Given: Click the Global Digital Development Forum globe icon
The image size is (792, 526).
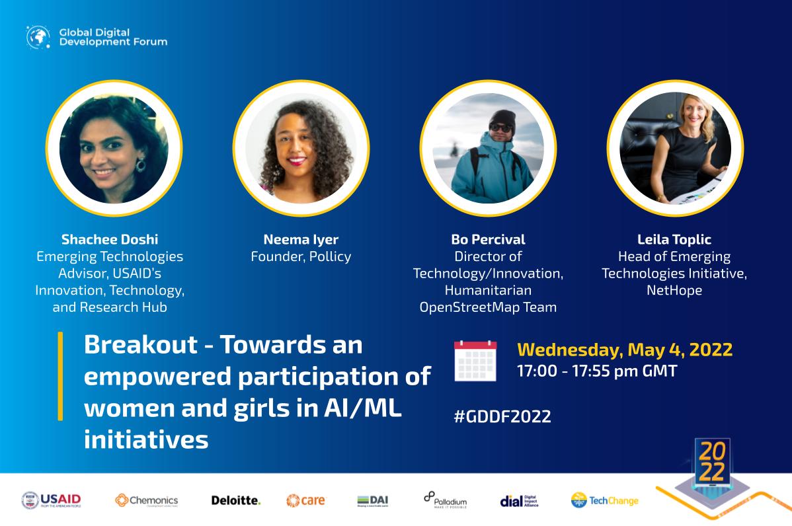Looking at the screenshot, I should (x=38, y=37).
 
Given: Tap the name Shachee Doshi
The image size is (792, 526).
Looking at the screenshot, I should (x=110, y=239).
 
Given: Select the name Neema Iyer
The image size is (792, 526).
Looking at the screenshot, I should (x=301, y=239).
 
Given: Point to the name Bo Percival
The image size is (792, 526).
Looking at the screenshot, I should (x=488, y=239).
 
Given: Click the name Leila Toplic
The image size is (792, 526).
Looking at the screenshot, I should (x=674, y=239).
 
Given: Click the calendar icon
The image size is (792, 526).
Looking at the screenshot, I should (x=475, y=361).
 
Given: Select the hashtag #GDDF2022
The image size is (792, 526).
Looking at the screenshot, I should (x=502, y=416).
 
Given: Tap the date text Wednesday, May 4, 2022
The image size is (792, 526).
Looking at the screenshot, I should (x=624, y=350).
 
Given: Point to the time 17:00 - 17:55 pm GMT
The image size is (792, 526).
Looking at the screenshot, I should (x=597, y=371).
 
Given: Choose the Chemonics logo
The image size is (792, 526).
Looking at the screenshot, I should (x=146, y=500).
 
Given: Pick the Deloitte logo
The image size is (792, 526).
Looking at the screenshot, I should (x=235, y=501).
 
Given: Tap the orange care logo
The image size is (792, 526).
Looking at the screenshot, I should (x=305, y=500).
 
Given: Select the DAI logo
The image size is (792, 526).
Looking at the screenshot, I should (x=372, y=500).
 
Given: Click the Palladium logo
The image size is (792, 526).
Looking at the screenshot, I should (x=445, y=500).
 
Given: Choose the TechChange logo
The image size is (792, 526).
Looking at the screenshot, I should (x=604, y=500).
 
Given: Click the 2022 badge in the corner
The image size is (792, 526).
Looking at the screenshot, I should (x=711, y=461).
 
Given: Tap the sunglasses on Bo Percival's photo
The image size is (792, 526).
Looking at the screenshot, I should (x=500, y=127).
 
